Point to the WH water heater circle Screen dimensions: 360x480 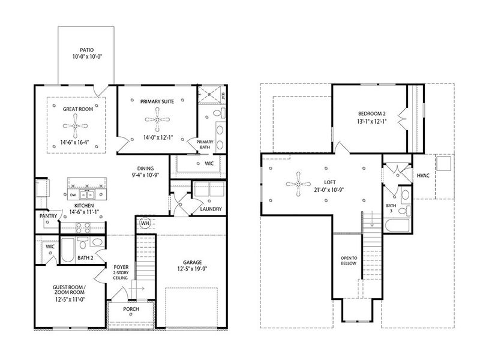[145, 223]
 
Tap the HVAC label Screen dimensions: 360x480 [423, 175]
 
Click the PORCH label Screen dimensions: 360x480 [131, 309]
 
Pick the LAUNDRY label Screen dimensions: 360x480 [211, 209]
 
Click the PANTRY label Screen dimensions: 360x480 [47, 214]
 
